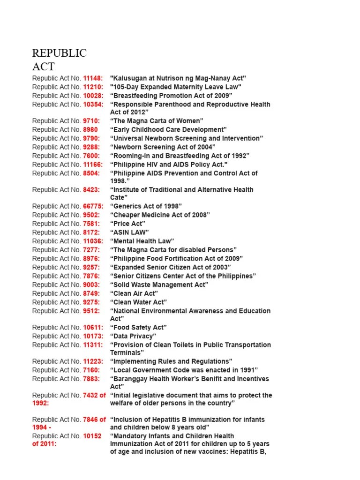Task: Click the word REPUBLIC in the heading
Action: pyautogui.click(x=59, y=53)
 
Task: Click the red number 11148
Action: pyautogui.click(x=93, y=78)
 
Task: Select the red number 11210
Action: pyautogui.click(x=93, y=87)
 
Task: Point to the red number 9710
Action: pyautogui.click(x=91, y=121)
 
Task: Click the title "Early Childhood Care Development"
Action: pyautogui.click(x=168, y=129)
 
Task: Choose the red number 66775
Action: pyautogui.click(x=93, y=206)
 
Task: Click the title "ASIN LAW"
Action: pyautogui.click(x=129, y=232)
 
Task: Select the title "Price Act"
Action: pyautogui.click(x=127, y=224)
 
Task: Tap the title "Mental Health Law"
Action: pyautogui.click(x=142, y=241)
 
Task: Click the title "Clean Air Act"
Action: pyautogui.click(x=134, y=293)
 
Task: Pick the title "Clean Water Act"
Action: pyautogui.click(x=138, y=302)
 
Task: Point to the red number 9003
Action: pyautogui.click(x=91, y=285)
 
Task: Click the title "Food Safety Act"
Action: pyautogui.click(x=138, y=328)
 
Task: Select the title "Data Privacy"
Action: pyautogui.click(x=133, y=336)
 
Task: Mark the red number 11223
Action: pyautogui.click(x=93, y=361)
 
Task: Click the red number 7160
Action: pyautogui.click(x=91, y=370)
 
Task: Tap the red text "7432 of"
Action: pyautogui.click(x=94, y=395)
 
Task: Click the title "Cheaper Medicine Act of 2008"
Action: pyautogui.click(x=160, y=215)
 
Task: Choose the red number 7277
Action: pyautogui.click(x=91, y=250)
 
